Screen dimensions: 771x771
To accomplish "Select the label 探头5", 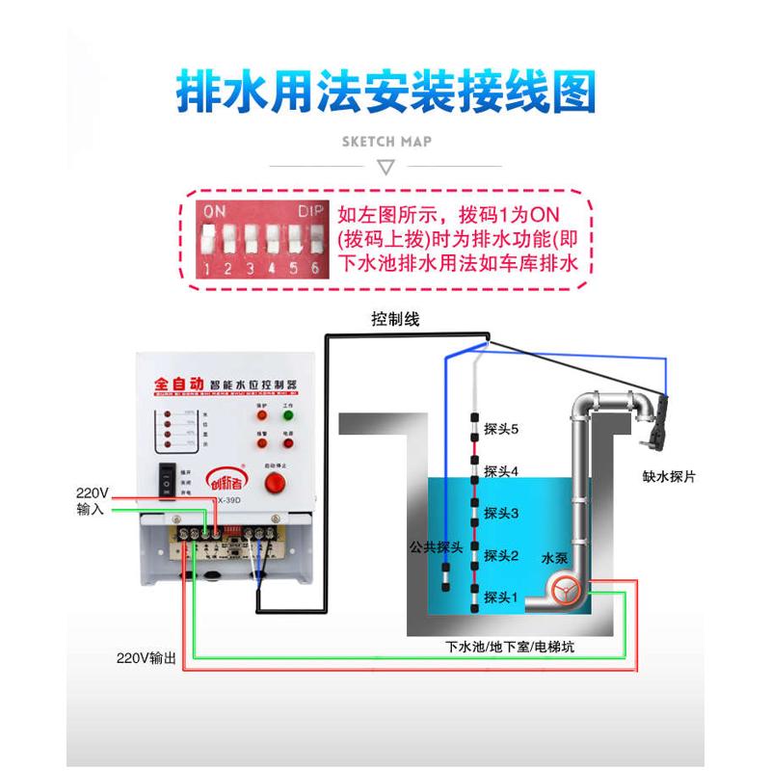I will (501, 429).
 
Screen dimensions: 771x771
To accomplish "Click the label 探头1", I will (501, 597).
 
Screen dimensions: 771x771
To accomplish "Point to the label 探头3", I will (501, 513).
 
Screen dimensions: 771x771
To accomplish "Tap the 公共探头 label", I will (437, 546).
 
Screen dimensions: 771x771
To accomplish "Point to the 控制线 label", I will (395, 319).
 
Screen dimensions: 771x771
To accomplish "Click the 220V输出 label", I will (146, 659).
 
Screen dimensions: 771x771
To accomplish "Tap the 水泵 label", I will (556, 558).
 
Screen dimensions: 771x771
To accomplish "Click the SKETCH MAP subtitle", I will (386, 141).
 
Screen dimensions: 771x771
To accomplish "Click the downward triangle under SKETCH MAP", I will (385, 168).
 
